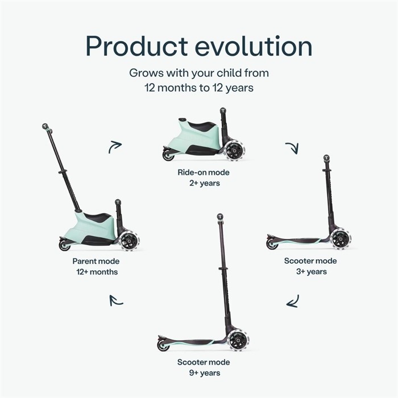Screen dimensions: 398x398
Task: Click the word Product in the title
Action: [x=137, y=46]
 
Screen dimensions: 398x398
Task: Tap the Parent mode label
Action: [x=96, y=261]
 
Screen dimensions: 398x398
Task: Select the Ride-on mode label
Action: [x=204, y=172]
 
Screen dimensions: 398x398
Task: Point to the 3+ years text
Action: [x=312, y=272]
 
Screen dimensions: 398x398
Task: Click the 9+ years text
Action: [x=205, y=373]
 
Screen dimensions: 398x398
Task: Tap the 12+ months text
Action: [x=97, y=272]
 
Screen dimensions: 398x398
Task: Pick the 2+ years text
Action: [x=205, y=183]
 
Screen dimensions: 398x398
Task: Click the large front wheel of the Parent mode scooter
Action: [x=130, y=241]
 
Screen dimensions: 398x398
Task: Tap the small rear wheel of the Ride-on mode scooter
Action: [x=168, y=155]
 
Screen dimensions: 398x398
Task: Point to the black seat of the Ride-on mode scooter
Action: [x=202, y=126]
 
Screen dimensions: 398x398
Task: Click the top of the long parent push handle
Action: [x=45, y=126]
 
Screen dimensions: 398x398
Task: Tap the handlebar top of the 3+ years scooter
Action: [x=326, y=157]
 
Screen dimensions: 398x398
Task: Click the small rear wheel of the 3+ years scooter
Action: [x=272, y=244]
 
